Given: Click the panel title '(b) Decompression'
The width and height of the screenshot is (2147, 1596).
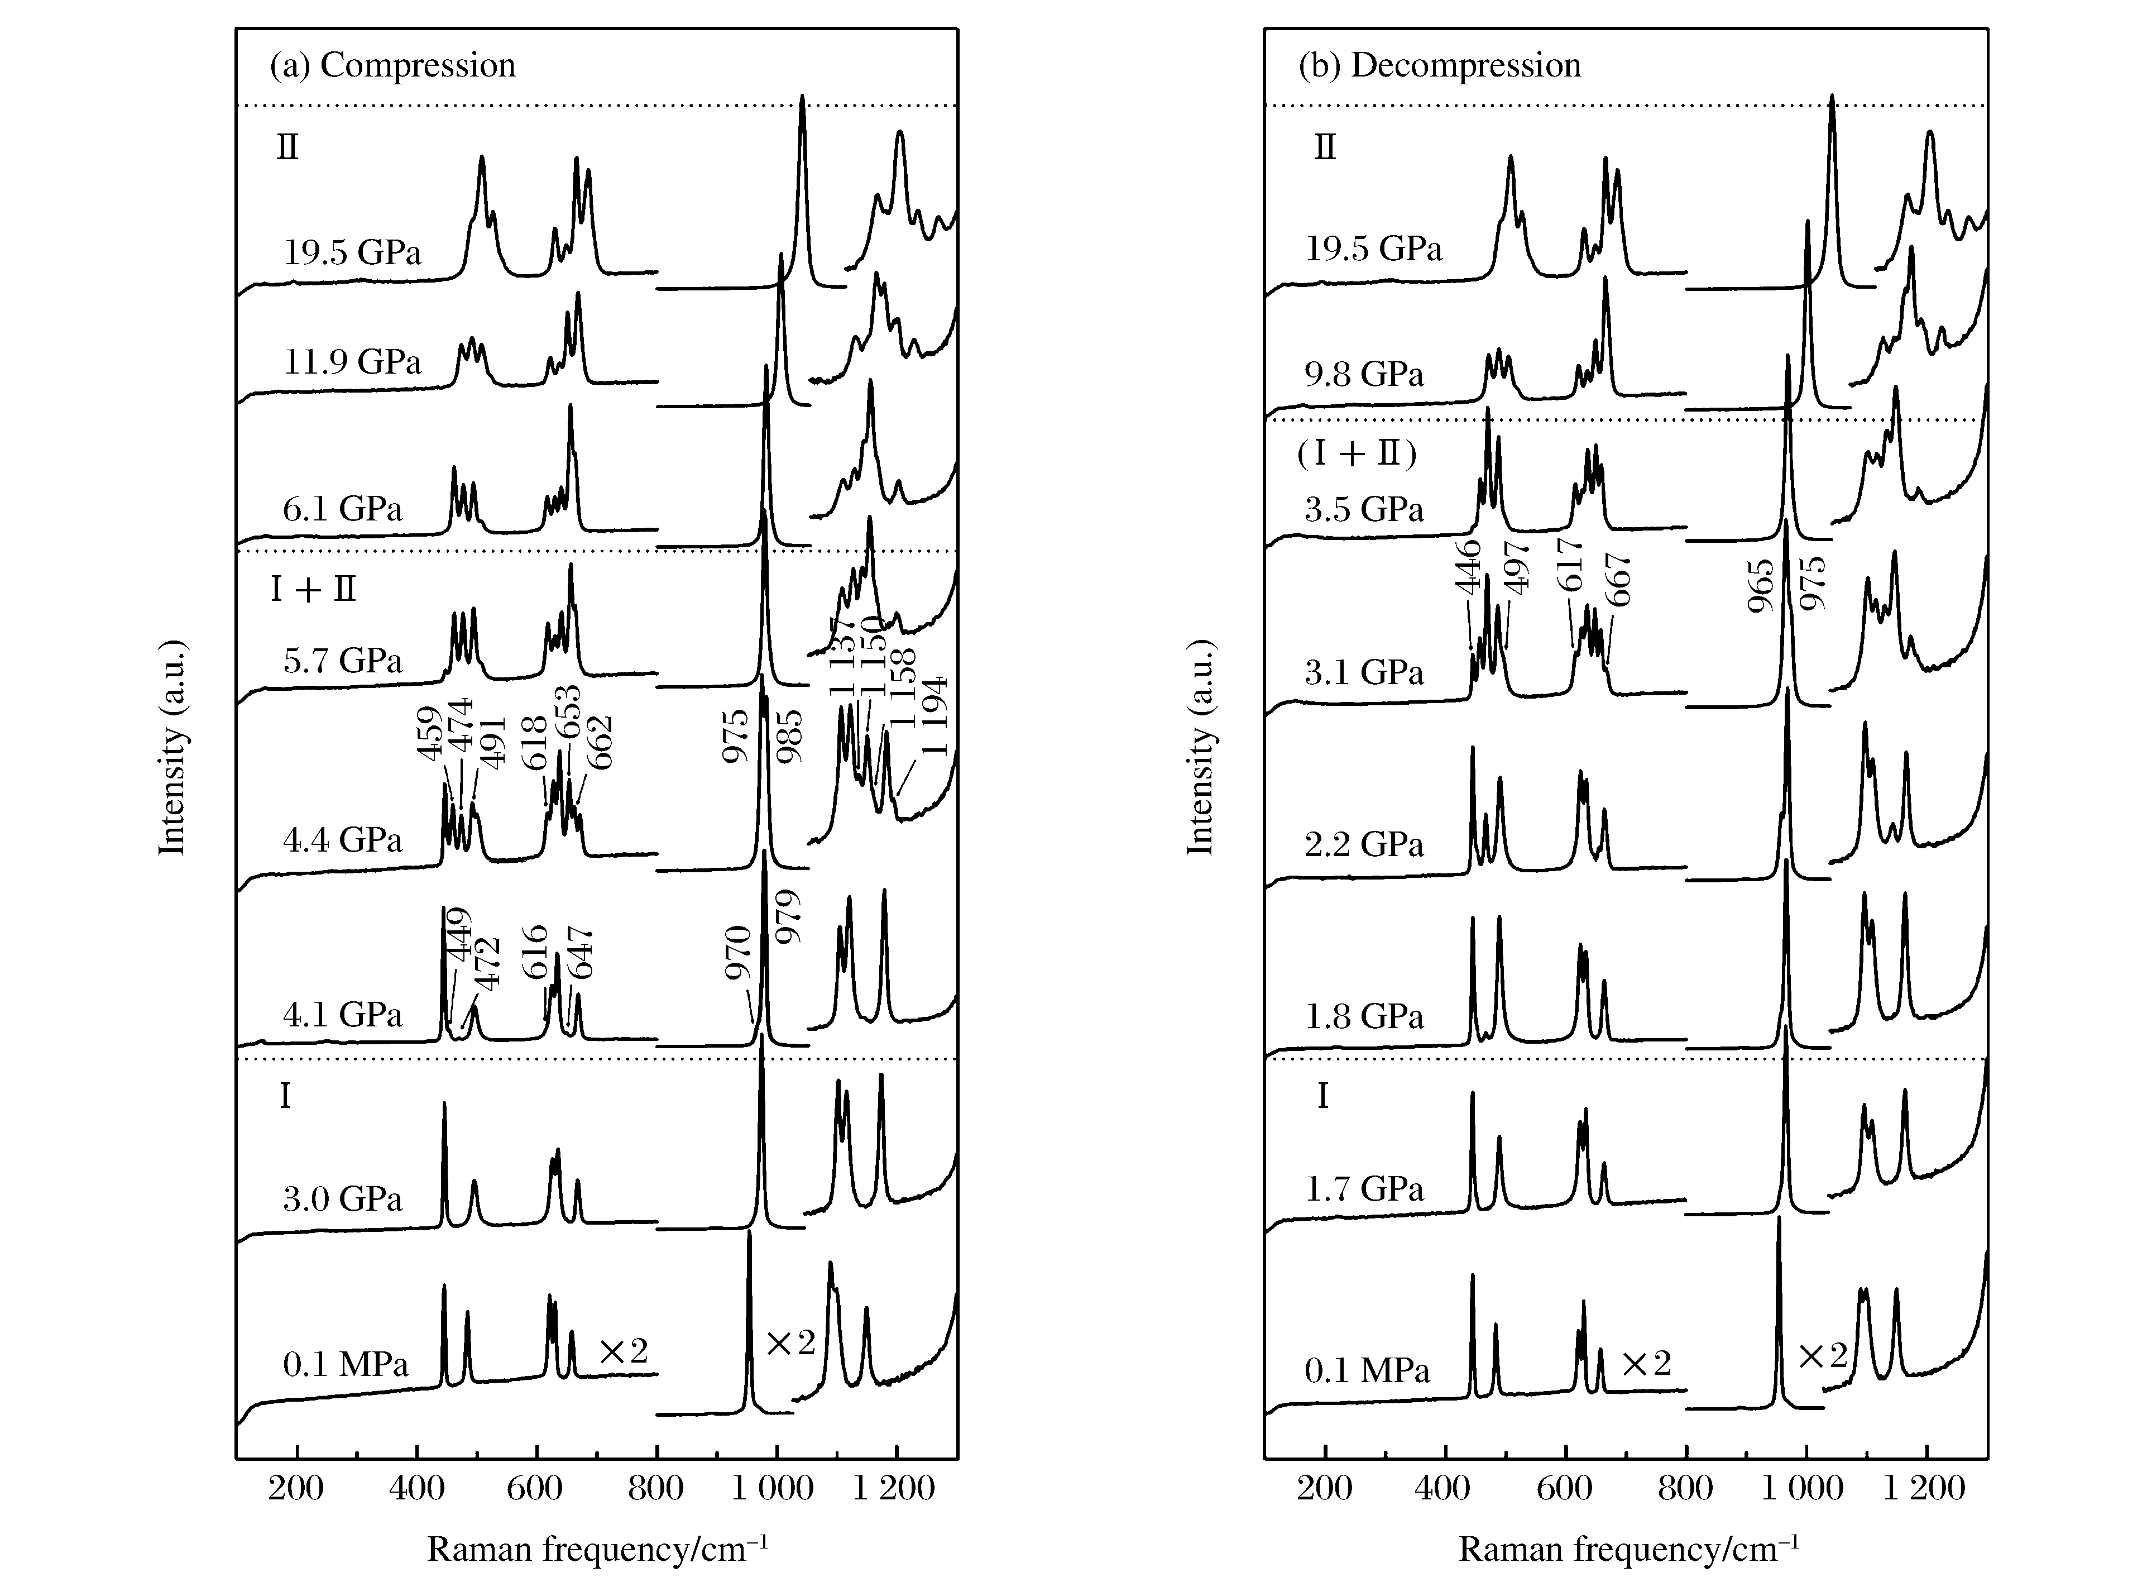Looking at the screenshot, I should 1439,66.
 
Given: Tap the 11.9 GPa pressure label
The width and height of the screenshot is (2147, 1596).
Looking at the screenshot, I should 352,361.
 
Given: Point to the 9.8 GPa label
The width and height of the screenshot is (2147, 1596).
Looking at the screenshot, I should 1364,374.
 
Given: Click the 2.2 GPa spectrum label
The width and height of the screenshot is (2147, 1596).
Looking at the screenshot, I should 1364,844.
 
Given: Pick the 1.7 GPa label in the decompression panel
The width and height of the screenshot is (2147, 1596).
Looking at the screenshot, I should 1364,1188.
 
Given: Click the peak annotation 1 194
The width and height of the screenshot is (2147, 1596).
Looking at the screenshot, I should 934,717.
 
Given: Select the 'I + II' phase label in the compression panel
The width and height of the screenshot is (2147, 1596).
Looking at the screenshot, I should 313,589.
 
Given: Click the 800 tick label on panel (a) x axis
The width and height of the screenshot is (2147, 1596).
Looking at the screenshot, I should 656,1488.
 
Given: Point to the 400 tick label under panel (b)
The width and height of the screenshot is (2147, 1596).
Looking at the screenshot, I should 1445,1488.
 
